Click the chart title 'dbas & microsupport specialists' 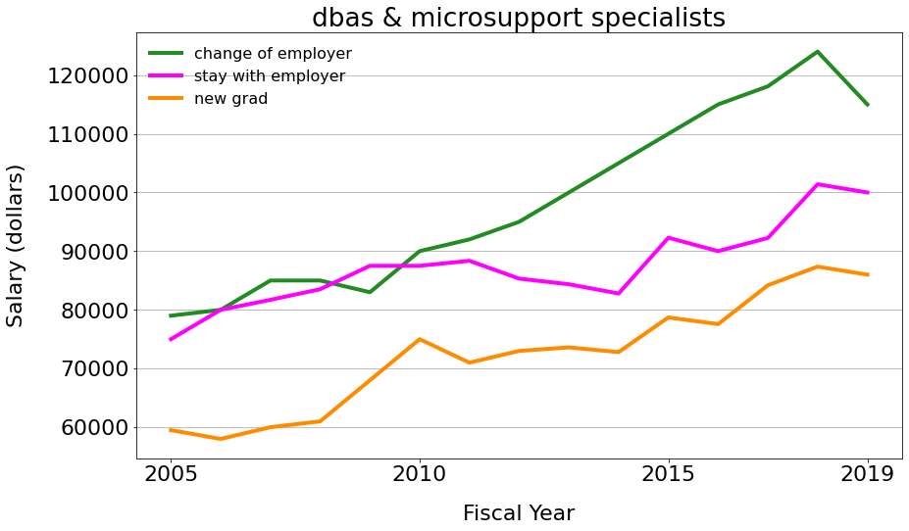pos(518,18)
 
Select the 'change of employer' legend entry pos(272,53)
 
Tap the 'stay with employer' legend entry pos(269,75)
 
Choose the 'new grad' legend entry pos(230,98)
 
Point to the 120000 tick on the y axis pos(88,75)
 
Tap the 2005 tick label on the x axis pos(171,475)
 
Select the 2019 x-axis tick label pos(868,475)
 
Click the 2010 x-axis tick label pos(420,475)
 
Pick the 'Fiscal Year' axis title pos(519,513)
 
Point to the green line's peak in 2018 pos(818,52)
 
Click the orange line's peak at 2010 pos(420,339)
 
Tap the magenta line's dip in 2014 pos(619,293)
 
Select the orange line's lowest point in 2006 pos(221,439)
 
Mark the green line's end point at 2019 pos(868,105)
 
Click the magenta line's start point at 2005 pos(171,339)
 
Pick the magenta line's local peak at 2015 pos(669,237)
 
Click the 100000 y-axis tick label pos(88,193)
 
